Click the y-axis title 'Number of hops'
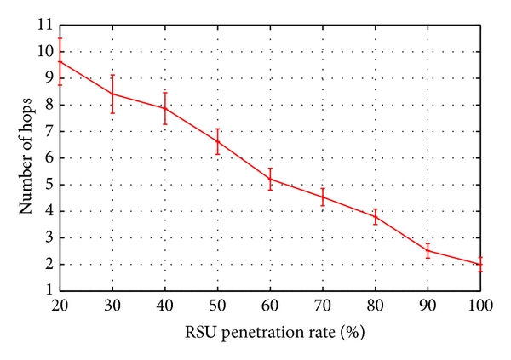[26, 159]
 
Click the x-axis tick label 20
[60, 304]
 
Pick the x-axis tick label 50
[218, 304]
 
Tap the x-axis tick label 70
[323, 304]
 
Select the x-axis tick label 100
[480, 304]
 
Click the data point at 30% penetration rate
[113, 94]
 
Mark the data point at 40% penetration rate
[165, 108]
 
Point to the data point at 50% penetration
[218, 141]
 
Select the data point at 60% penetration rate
[271, 179]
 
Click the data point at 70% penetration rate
[323, 197]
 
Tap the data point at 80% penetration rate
[376, 216]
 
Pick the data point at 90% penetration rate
[428, 250]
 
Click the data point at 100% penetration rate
[480, 264]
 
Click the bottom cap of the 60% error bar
[271, 189]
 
